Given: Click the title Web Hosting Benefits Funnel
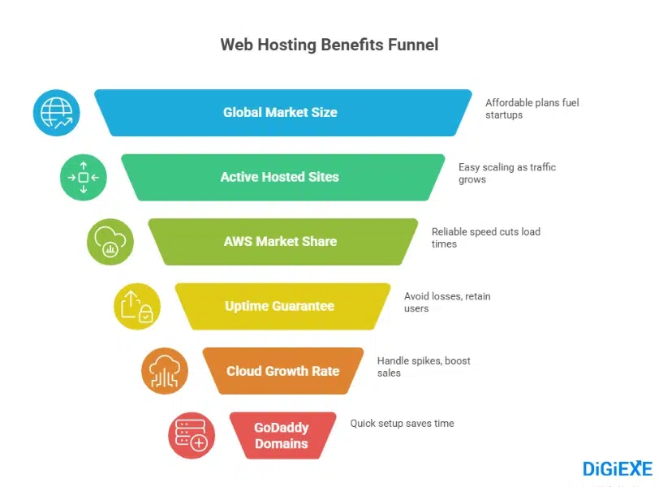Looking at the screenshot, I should pos(329,45).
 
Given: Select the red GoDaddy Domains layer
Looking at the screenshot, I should pos(282,436).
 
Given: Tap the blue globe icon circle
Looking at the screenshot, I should pos(56,113).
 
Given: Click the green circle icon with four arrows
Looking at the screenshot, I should pos(83,177).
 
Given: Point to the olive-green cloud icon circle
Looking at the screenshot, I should pos(110,242).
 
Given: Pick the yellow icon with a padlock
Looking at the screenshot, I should pos(137,306).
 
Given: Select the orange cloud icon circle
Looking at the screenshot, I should pos(164,371).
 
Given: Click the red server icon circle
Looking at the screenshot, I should pos(192,436).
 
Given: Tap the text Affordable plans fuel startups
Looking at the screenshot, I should pos(532,109).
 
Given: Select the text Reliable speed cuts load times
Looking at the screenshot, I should pos(485,238).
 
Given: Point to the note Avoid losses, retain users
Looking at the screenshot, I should pos(447,302).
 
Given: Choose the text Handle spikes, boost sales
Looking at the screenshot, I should pos(423,367).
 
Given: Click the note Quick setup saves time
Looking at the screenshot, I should pos(402,423).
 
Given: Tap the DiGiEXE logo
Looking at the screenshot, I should pos(617,468).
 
